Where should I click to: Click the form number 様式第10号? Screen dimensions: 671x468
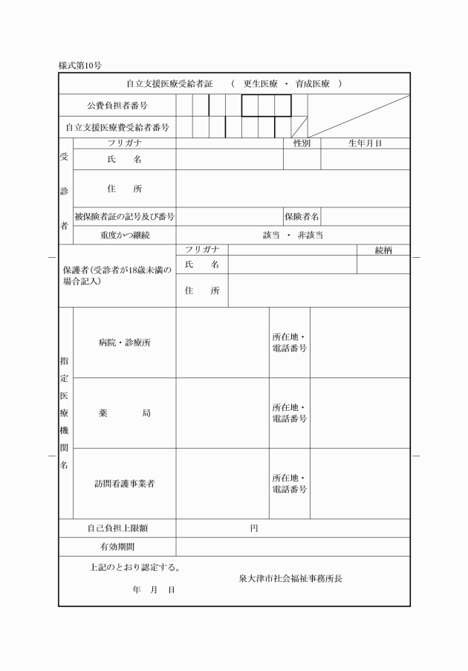click(79, 65)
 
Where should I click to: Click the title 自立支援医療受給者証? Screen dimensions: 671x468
click(169, 84)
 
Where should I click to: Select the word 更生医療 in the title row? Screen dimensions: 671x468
click(261, 84)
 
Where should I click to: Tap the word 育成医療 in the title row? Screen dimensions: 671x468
click(313, 84)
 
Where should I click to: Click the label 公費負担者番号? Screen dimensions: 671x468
click(117, 106)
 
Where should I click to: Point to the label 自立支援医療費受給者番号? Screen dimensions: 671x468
click(117, 127)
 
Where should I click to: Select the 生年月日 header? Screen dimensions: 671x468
click(365, 143)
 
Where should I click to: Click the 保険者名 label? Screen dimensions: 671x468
click(302, 216)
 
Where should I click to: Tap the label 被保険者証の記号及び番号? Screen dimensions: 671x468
click(124, 216)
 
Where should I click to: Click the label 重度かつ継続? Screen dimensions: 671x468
click(125, 235)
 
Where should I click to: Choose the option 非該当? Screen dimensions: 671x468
click(310, 235)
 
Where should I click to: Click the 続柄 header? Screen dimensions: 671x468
click(383, 250)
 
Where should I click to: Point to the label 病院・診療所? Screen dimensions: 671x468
click(125, 343)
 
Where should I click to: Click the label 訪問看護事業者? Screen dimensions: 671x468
click(125, 484)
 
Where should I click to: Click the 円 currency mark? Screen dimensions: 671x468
click(254, 528)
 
